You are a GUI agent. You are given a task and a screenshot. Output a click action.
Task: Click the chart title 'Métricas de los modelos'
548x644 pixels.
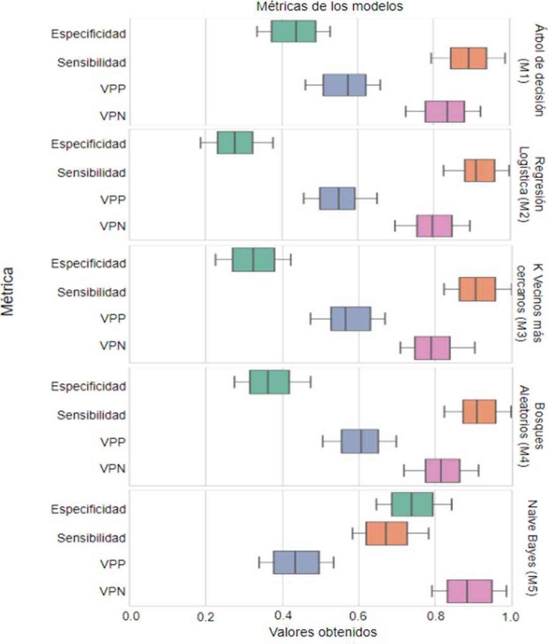click(329, 6)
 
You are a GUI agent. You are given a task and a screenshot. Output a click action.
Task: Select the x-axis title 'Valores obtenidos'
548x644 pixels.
click(323, 632)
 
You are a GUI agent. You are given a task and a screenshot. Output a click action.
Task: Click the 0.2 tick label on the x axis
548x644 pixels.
click(205, 617)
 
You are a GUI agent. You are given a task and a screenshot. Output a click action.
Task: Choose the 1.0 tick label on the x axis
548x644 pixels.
click(510, 617)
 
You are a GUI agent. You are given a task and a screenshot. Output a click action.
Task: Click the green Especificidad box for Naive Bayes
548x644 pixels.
click(412, 504)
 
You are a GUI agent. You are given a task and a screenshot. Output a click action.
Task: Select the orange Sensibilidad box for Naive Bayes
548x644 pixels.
click(386, 533)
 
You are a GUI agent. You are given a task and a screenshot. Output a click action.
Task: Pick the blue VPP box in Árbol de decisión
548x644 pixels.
click(344, 85)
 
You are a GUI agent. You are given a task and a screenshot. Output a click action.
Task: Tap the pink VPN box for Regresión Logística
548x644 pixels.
click(434, 226)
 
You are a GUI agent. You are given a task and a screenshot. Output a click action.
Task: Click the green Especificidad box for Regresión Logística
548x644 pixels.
click(235, 143)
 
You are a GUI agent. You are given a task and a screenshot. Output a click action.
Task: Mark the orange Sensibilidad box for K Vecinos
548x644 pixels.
click(477, 290)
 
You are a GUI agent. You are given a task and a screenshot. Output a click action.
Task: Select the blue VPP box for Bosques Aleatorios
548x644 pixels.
click(359, 442)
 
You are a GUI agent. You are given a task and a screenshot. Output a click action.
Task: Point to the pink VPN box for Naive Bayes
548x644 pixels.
click(469, 591)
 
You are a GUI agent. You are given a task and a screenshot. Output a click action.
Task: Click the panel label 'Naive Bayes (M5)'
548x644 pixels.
click(531, 548)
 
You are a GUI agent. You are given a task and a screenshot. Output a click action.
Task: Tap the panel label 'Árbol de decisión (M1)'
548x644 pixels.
click(531, 70)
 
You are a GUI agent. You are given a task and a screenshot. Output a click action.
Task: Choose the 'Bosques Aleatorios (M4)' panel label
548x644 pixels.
click(531, 427)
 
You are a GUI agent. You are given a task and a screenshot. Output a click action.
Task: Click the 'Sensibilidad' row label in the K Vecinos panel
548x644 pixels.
click(92, 292)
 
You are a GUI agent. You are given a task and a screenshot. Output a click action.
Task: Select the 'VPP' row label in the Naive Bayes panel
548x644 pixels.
click(113, 564)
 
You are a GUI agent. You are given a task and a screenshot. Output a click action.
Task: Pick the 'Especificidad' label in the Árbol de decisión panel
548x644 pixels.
click(89, 34)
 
